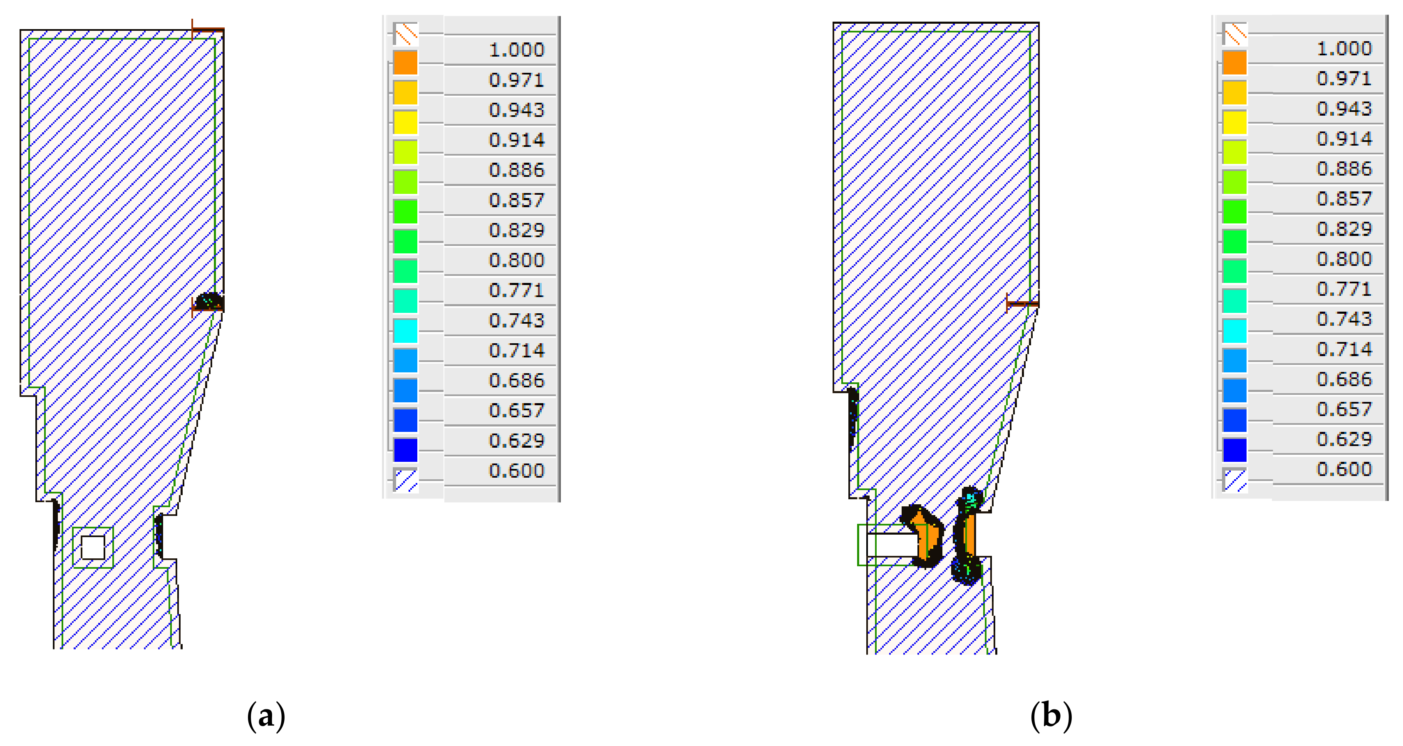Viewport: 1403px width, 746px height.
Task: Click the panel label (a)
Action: pyautogui.click(x=266, y=716)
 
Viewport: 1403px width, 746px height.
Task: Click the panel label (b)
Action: pyautogui.click(x=1051, y=716)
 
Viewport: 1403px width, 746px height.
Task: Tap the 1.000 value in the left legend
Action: pyautogui.click(x=516, y=50)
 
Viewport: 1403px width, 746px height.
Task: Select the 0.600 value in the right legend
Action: pyautogui.click(x=1344, y=469)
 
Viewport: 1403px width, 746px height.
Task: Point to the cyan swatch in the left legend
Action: pyautogui.click(x=405, y=330)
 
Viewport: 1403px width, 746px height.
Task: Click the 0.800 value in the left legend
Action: pyautogui.click(x=516, y=260)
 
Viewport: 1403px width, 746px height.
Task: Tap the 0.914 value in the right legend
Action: pyautogui.click(x=1344, y=139)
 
